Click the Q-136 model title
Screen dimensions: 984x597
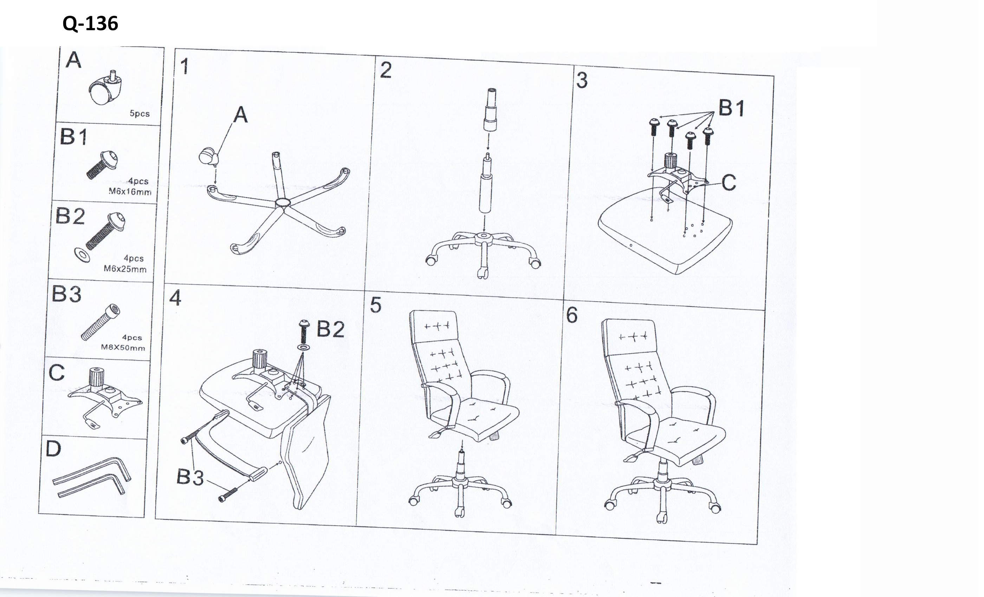point(90,24)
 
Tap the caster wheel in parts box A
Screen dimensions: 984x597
point(105,88)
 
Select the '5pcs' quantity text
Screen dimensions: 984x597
point(140,113)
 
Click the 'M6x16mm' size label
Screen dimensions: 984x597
point(130,191)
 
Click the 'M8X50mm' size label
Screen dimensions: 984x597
point(123,347)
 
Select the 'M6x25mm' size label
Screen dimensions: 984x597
point(125,269)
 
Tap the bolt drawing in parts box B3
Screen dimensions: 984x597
point(101,322)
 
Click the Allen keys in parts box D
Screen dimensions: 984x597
point(92,477)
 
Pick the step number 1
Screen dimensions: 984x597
point(184,66)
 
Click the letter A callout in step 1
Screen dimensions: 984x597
point(240,115)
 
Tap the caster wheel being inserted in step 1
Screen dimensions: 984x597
point(209,157)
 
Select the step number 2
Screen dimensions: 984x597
point(386,70)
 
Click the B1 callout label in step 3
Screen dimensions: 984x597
point(732,108)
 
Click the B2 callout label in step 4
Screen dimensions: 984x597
point(331,329)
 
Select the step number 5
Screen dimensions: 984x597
point(376,305)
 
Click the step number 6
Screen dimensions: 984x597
point(572,315)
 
